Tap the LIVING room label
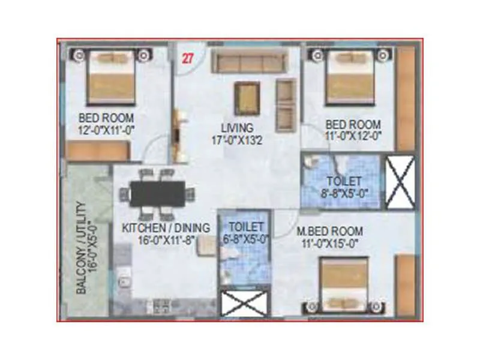tap(236, 128)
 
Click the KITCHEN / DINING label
tap(166, 228)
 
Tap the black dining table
tap(157, 193)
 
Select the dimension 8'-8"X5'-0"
tap(344, 194)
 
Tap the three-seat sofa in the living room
tap(250, 62)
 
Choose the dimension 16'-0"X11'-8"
tap(166, 240)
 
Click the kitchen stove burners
tap(161, 307)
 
